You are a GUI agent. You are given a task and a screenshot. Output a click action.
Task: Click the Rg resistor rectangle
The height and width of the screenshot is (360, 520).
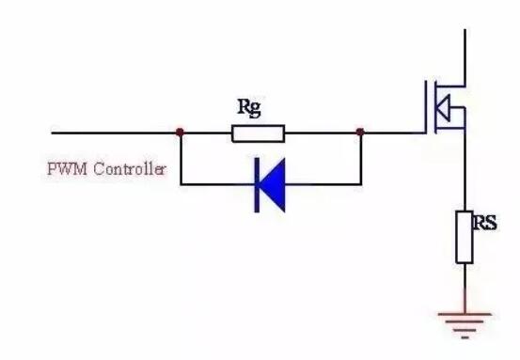coord(258,133)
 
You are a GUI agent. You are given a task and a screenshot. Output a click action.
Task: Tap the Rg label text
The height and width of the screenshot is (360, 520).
coord(249,108)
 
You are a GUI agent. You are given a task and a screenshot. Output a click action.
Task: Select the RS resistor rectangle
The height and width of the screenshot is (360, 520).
coord(465,238)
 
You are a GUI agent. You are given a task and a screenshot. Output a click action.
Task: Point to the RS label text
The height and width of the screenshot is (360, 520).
coord(485,223)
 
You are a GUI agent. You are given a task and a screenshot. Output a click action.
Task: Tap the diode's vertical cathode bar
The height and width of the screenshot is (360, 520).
coord(257,185)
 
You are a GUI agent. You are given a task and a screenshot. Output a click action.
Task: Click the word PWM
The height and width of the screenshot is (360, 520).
coord(68,169)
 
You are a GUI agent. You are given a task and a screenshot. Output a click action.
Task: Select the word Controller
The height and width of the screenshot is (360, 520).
coord(129,169)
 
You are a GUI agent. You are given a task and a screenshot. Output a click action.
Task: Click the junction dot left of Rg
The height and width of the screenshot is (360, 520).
coord(180,133)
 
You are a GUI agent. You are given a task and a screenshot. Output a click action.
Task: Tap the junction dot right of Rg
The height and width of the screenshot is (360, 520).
coord(360,132)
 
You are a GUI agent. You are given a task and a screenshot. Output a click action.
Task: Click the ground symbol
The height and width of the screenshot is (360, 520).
coord(465,325)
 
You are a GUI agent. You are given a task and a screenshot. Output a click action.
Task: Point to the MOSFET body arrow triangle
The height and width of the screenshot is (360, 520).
coord(443,108)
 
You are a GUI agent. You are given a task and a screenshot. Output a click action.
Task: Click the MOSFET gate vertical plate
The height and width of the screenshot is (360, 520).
coord(425,106)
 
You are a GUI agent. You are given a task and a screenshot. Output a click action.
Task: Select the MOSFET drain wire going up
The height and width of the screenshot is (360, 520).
coord(465,57)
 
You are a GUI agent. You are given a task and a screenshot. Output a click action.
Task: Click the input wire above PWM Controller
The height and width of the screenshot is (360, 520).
coord(116,133)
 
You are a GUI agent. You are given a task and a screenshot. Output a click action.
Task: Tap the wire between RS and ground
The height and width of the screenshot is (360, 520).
coord(465,288)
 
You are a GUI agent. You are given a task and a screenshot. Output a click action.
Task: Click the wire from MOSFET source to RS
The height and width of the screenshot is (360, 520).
coord(465,169)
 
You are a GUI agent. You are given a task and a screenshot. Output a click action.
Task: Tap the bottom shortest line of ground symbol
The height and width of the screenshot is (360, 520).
coord(465,337)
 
